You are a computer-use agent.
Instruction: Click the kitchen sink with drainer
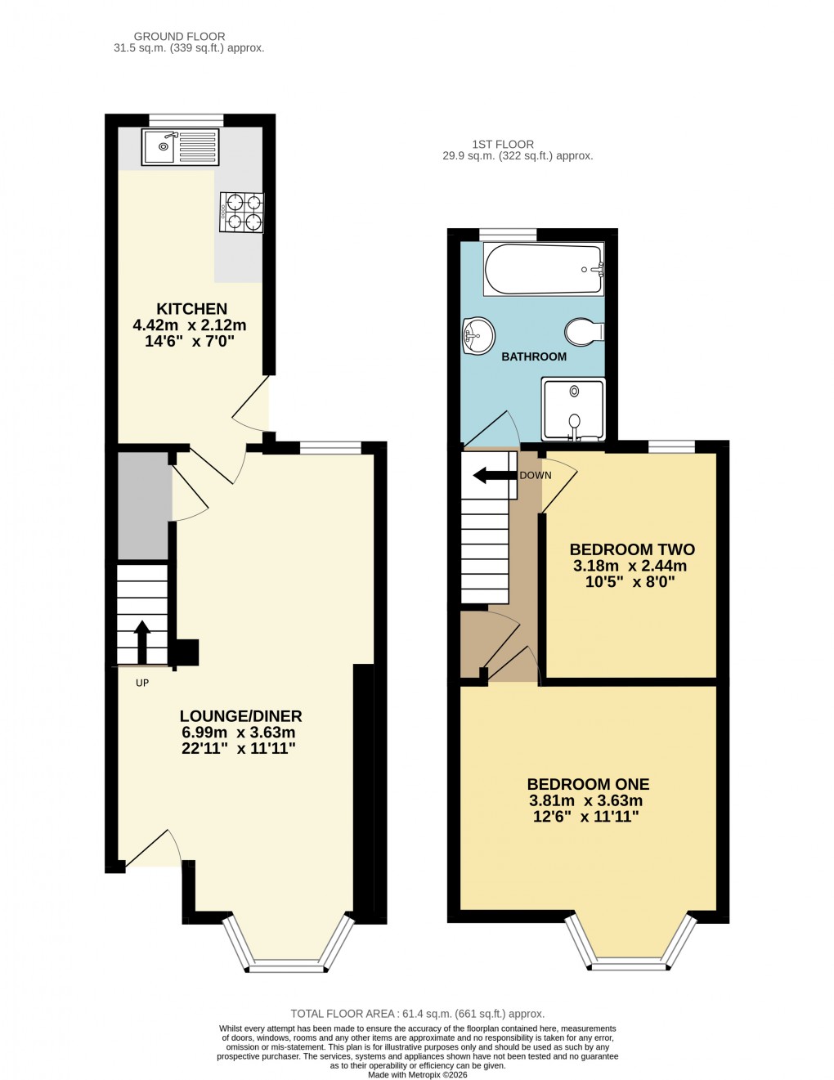[x=180, y=147]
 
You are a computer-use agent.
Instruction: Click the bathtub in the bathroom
[x=544, y=270]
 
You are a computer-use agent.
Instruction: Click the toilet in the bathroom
[x=584, y=332]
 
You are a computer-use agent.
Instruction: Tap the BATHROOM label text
[x=533, y=356]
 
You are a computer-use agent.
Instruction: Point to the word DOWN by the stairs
[x=536, y=475]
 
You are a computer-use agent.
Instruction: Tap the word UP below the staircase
[x=142, y=683]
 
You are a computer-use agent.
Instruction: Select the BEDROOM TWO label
[x=632, y=549]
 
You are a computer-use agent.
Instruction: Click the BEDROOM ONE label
[x=588, y=784]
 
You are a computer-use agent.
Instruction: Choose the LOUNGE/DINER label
[x=240, y=716]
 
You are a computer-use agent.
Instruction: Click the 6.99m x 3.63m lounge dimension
[x=237, y=733]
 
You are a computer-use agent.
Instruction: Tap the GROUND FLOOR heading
[x=179, y=36]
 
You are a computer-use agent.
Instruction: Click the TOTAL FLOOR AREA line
[x=417, y=1014]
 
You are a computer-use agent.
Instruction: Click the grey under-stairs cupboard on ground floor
[x=144, y=507]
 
